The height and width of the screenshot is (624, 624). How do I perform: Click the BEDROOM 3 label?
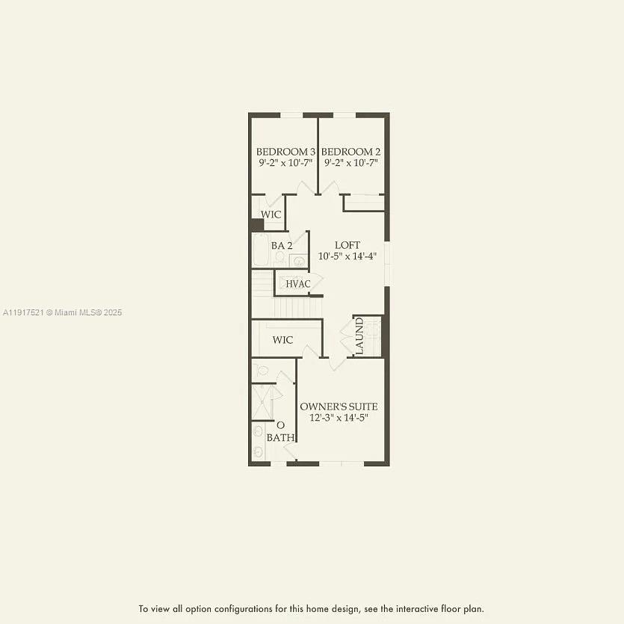click(285, 151)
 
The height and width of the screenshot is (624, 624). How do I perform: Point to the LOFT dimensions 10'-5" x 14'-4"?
click(347, 256)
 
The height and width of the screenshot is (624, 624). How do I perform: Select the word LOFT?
click(347, 245)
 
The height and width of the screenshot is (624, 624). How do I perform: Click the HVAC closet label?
click(297, 283)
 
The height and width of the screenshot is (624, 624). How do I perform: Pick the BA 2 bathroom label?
click(281, 245)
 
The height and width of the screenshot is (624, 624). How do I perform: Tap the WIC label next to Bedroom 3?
click(271, 214)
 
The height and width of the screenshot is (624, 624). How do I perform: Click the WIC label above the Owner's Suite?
click(282, 340)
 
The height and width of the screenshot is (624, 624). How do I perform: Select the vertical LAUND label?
click(359, 336)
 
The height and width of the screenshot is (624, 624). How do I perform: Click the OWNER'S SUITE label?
click(339, 407)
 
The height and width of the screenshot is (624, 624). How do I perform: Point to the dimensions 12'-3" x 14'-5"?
click(339, 418)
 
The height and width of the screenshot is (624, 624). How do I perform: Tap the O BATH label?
click(280, 431)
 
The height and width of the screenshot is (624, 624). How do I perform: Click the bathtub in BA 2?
click(260, 251)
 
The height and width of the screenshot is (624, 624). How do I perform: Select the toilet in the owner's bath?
click(259, 370)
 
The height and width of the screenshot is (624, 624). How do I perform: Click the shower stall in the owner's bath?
click(263, 402)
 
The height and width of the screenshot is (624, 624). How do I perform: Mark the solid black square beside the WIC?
click(257, 225)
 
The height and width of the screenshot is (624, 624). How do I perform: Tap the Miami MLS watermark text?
click(61, 312)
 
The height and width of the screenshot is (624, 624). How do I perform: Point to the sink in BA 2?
click(297, 261)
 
